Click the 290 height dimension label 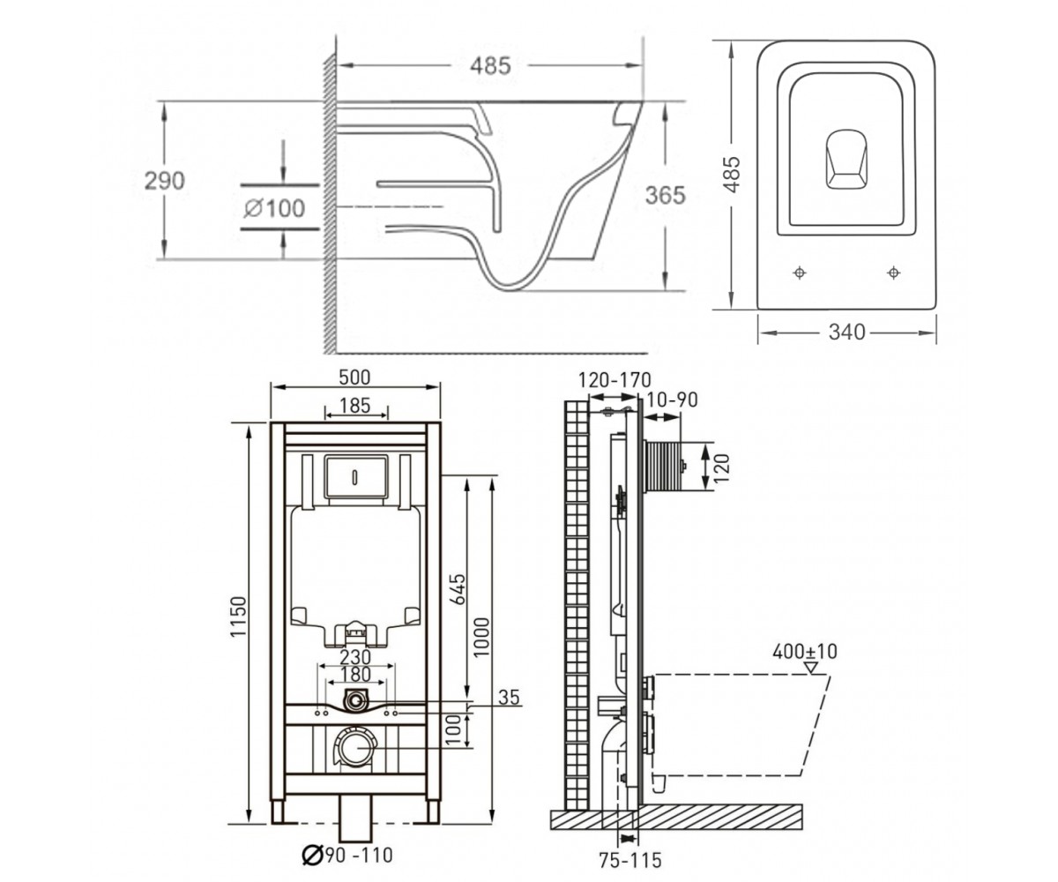pos(165,181)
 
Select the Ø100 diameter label pos(274,208)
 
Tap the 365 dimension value pos(666,195)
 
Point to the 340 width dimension pos(846,332)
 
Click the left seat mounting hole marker pos(800,273)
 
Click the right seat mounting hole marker pos(893,273)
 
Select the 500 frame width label pos(354,377)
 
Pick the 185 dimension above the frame pos(354,406)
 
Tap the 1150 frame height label pos(238,617)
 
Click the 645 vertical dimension pos(457,589)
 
